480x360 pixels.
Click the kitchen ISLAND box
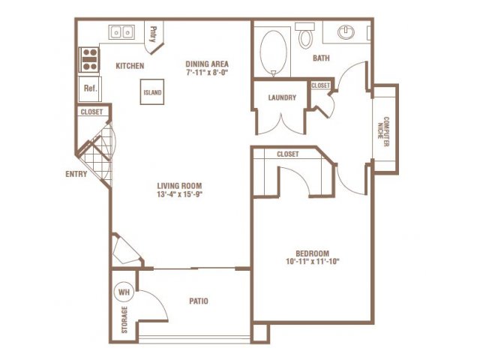coord(152,91)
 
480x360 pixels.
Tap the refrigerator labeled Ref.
coord(90,88)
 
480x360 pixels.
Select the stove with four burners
coord(89,60)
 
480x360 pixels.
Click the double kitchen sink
coord(121,31)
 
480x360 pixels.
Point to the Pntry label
coord(153,34)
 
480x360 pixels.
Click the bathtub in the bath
coord(273,52)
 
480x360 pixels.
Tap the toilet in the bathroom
coord(305,35)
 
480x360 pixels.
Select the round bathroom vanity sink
coord(346,31)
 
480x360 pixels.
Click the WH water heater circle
coord(124,292)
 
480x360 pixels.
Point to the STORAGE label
coord(124,320)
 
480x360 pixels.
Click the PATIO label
coord(199,301)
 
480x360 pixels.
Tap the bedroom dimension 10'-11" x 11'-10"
coord(313,262)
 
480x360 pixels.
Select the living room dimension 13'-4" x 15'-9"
coord(179,194)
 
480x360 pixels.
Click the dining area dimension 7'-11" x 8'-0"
coord(207,73)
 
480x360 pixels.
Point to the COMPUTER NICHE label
coord(383,132)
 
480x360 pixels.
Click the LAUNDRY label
coord(282,97)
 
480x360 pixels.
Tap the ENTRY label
coord(76,174)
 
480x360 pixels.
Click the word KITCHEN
coord(130,66)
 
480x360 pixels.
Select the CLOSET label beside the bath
coord(320,85)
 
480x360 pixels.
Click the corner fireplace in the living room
coord(127,250)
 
